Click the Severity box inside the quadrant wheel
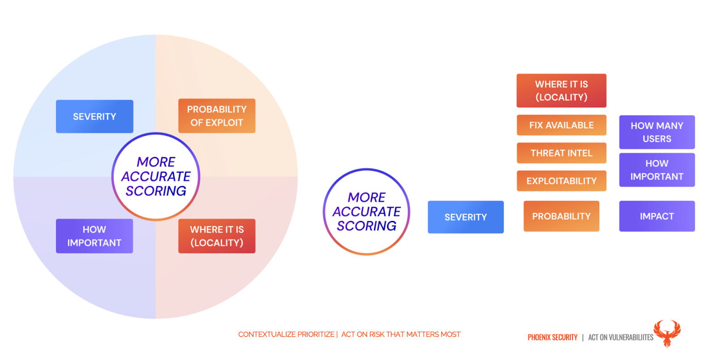click(x=94, y=116)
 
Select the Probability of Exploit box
click(x=217, y=116)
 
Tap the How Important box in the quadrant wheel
click(x=94, y=236)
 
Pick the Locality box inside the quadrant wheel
click(x=217, y=236)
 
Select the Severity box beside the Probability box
click(x=466, y=217)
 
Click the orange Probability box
click(x=561, y=216)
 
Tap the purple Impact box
click(x=657, y=216)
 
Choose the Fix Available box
click(x=561, y=125)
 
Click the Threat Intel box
click(x=561, y=153)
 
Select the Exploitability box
click(x=561, y=181)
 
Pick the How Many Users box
click(x=657, y=132)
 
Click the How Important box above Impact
click(x=657, y=169)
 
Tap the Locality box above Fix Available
click(x=561, y=90)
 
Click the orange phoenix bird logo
click(x=667, y=333)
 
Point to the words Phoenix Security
click(x=552, y=337)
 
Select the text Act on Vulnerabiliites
click(x=620, y=337)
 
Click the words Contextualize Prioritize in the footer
click(x=286, y=335)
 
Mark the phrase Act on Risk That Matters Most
click(x=401, y=335)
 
